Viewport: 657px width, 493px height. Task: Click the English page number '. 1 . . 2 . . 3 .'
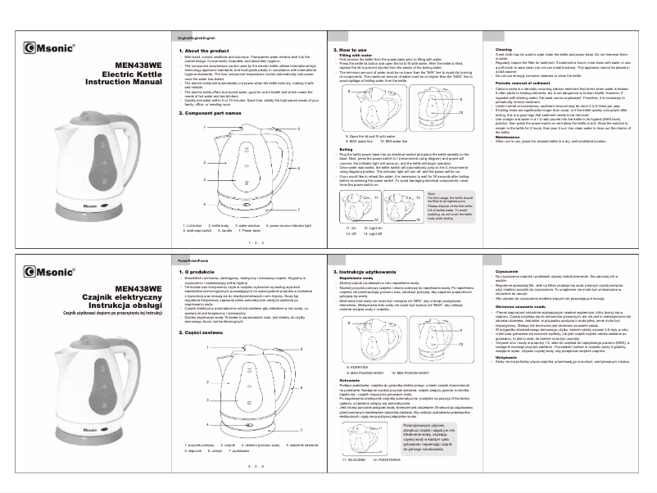pyautogui.click(x=253, y=244)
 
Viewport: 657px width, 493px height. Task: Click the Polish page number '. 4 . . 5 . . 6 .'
pyautogui.click(x=253, y=464)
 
